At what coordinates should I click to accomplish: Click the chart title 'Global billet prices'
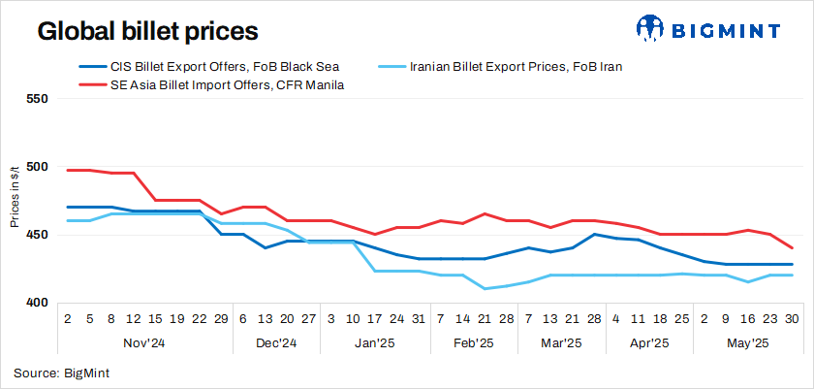(x=147, y=31)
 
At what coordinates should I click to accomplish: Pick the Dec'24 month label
(x=275, y=342)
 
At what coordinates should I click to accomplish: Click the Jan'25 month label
(x=374, y=342)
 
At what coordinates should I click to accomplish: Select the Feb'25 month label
(x=473, y=342)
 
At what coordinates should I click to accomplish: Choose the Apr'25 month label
(x=648, y=342)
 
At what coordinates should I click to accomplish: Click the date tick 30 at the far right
(x=792, y=318)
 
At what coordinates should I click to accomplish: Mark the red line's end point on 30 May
(x=792, y=248)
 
